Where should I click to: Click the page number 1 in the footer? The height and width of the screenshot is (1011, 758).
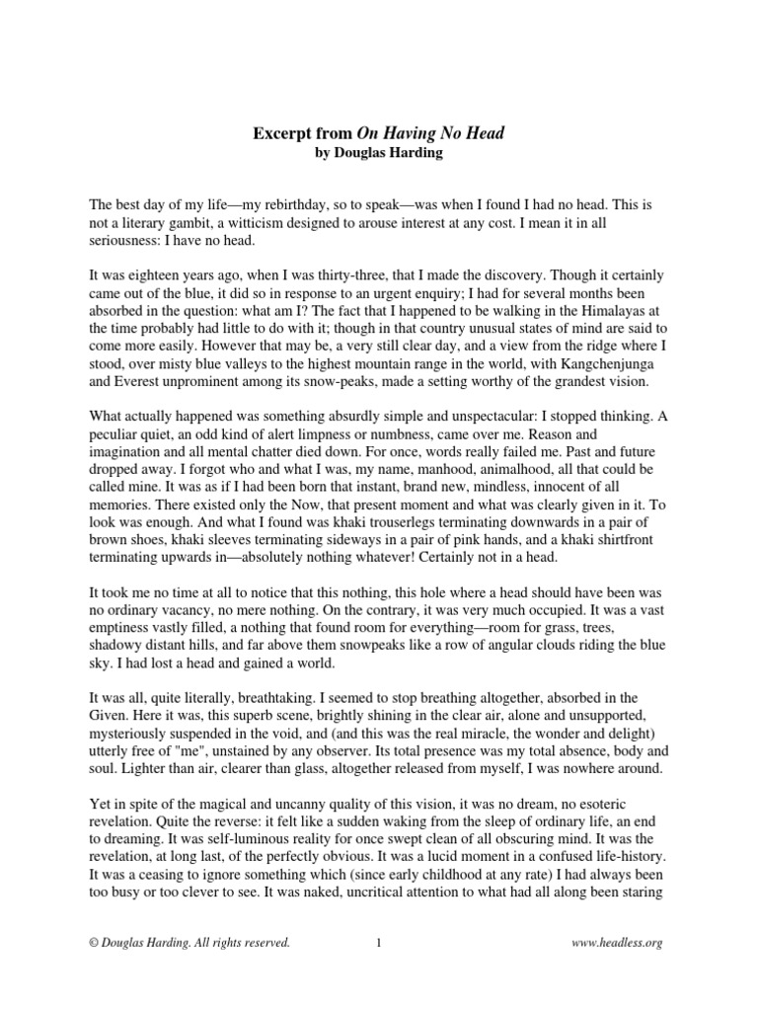tap(379, 943)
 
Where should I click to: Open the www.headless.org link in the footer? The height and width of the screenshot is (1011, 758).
tap(617, 943)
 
